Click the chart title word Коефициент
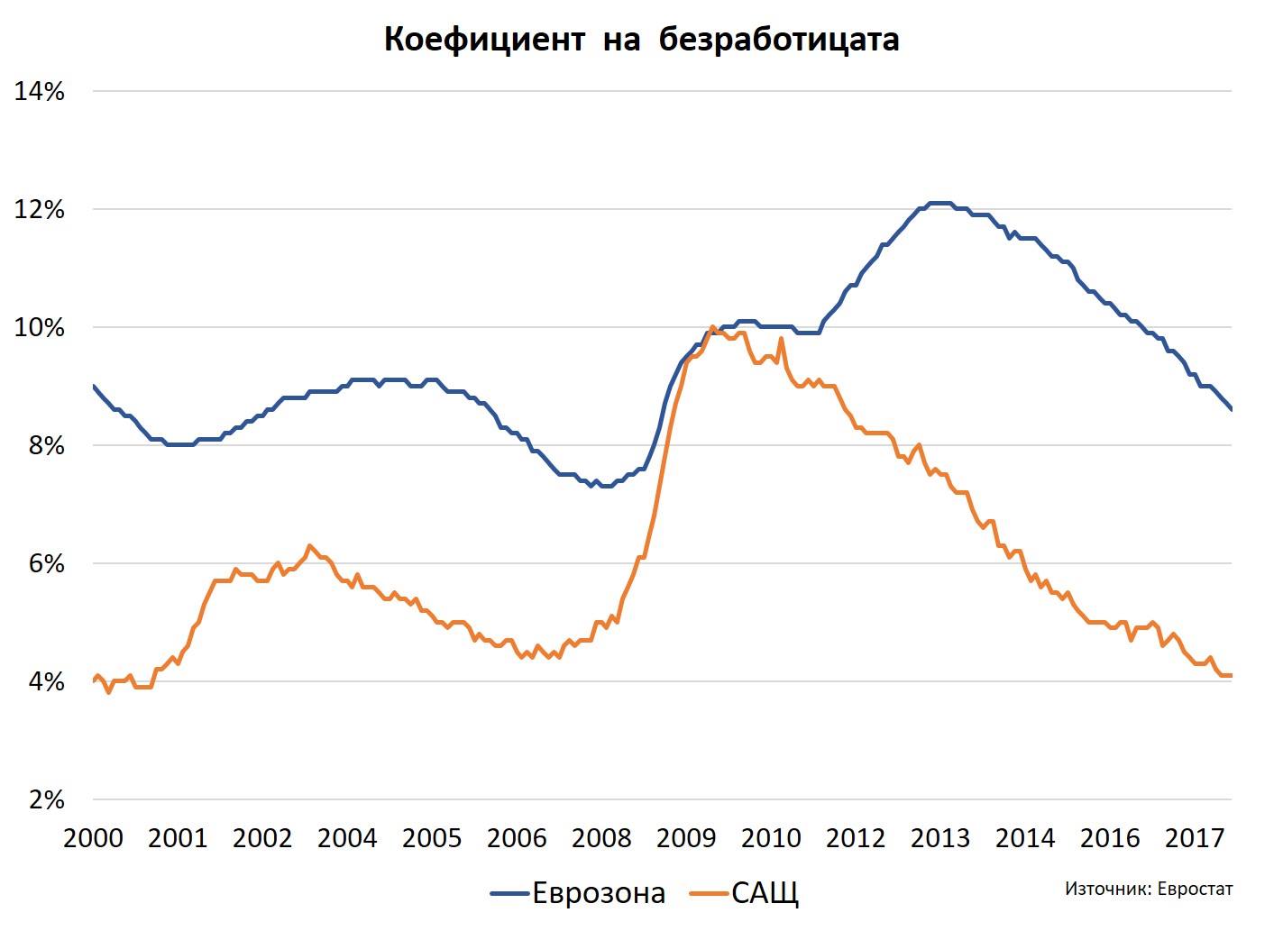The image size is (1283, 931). click(x=484, y=41)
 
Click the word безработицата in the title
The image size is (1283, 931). click(x=779, y=41)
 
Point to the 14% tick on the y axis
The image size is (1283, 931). click(x=40, y=91)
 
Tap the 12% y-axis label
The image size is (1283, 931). click(x=40, y=210)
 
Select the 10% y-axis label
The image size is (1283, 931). click(x=40, y=328)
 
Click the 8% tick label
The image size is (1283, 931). click(x=45, y=446)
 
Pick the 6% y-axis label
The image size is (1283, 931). click(x=45, y=564)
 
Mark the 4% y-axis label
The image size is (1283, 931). click(x=45, y=682)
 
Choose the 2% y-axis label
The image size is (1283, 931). click(x=45, y=800)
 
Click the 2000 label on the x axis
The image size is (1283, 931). click(x=93, y=838)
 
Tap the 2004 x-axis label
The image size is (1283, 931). click(x=347, y=838)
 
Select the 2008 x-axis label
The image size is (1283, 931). click(x=601, y=838)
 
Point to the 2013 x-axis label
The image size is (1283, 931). click(x=940, y=838)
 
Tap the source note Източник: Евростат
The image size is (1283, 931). click(x=1148, y=889)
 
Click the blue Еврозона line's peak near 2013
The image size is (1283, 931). click(x=939, y=203)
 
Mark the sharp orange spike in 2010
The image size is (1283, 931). click(x=780, y=339)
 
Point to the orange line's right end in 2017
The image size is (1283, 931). click(x=1230, y=676)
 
